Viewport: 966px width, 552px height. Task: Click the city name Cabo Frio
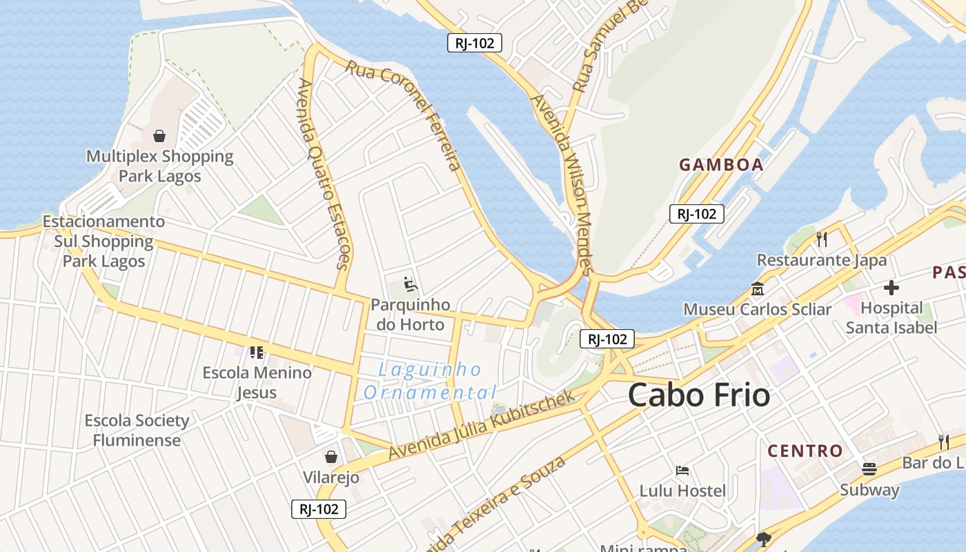(699, 395)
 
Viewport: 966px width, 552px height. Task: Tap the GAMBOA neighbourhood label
(721, 165)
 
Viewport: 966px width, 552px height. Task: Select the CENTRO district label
(805, 451)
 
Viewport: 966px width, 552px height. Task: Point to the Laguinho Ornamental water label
(430, 382)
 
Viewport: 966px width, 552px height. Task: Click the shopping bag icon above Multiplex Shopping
(159, 136)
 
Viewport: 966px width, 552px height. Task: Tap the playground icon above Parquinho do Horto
(410, 284)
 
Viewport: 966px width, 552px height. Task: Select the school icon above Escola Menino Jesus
(257, 353)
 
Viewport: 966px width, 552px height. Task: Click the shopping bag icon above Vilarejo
(331, 457)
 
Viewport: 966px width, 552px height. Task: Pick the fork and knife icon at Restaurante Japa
(822, 239)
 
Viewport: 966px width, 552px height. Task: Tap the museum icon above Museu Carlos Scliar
(757, 288)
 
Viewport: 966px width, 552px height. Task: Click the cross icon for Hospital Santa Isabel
(891, 287)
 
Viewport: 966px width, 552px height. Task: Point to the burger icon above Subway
(869, 470)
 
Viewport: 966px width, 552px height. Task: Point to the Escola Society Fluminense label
(137, 430)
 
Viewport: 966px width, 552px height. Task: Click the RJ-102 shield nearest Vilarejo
(318, 509)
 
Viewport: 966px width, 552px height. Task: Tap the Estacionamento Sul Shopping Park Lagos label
(103, 241)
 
